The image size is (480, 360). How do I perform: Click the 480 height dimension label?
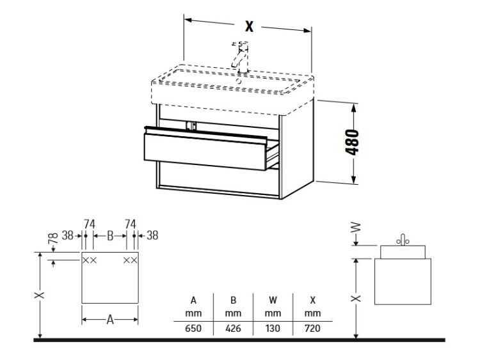(x=353, y=142)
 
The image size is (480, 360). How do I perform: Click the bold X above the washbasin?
(x=250, y=26)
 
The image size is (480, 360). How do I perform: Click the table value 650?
(x=193, y=329)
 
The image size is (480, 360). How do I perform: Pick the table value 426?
(x=233, y=329)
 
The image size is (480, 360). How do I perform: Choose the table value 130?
(x=273, y=329)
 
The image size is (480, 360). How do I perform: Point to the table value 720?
(x=312, y=329)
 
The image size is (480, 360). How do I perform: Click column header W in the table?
(x=273, y=301)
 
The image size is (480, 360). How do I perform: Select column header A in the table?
(x=193, y=301)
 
